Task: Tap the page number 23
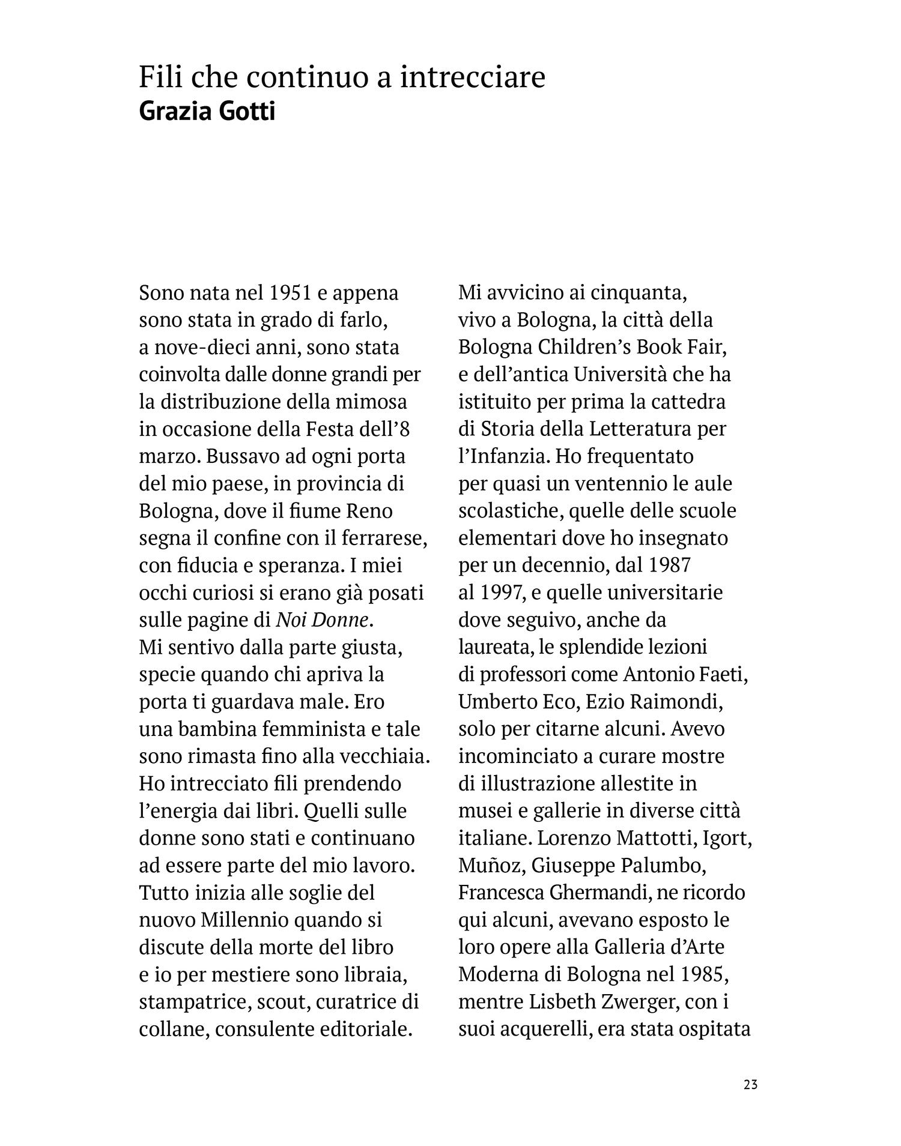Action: [750, 1085]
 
